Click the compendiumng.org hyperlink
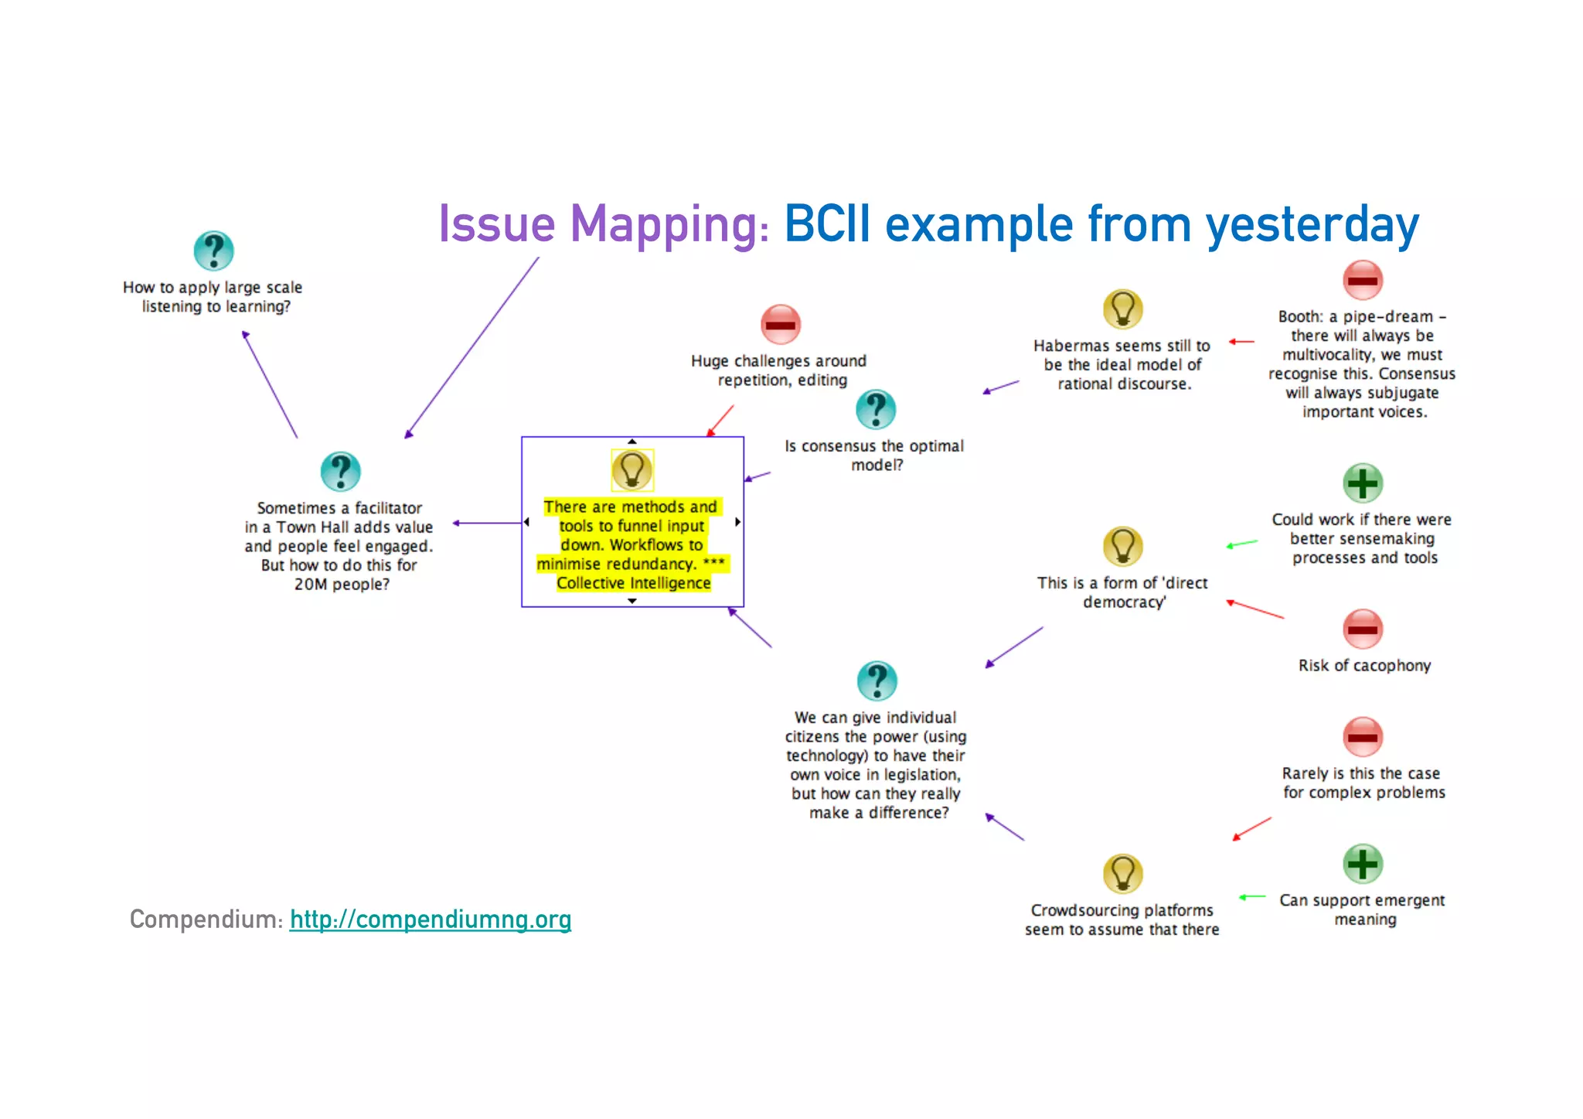tap(431, 919)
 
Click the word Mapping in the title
tap(669, 225)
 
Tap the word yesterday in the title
tap(1312, 225)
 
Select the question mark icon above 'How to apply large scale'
tap(213, 251)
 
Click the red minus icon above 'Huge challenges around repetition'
tap(781, 324)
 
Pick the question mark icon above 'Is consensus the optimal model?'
tap(876, 409)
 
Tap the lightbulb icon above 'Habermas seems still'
tap(1122, 309)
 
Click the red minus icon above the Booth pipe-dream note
tap(1363, 280)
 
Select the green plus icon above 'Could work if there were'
tap(1363, 483)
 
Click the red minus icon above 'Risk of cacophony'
tap(1363, 629)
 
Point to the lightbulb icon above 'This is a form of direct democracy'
tap(1122, 546)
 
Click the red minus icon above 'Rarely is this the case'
tap(1363, 736)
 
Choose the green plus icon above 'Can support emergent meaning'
tap(1363, 864)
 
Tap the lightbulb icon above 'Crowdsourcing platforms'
tap(1122, 874)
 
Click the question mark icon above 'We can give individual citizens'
tap(877, 681)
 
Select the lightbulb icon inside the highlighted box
tap(632, 469)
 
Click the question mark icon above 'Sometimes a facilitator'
tap(340, 471)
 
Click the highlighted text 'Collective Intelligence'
tap(634, 583)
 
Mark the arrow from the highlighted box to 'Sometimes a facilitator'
tap(487, 524)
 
